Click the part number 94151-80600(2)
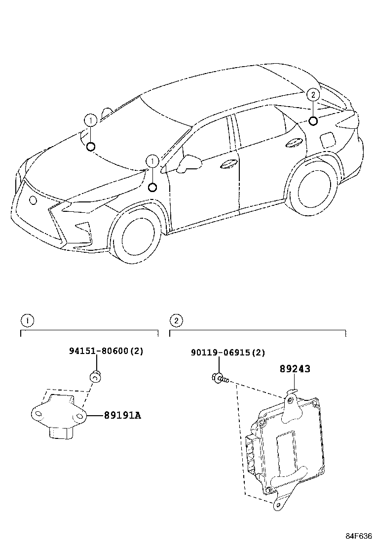tap(106, 351)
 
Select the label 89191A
tap(122, 415)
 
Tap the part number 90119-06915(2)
tap(228, 353)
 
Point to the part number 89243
tap(295, 368)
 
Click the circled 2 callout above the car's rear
tap(313, 95)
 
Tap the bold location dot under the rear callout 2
tap(313, 120)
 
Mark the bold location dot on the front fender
tap(152, 187)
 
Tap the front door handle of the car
tap(228, 165)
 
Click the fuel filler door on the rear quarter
tap(327, 140)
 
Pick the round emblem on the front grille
tap(33, 200)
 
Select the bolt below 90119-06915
tap(219, 379)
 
